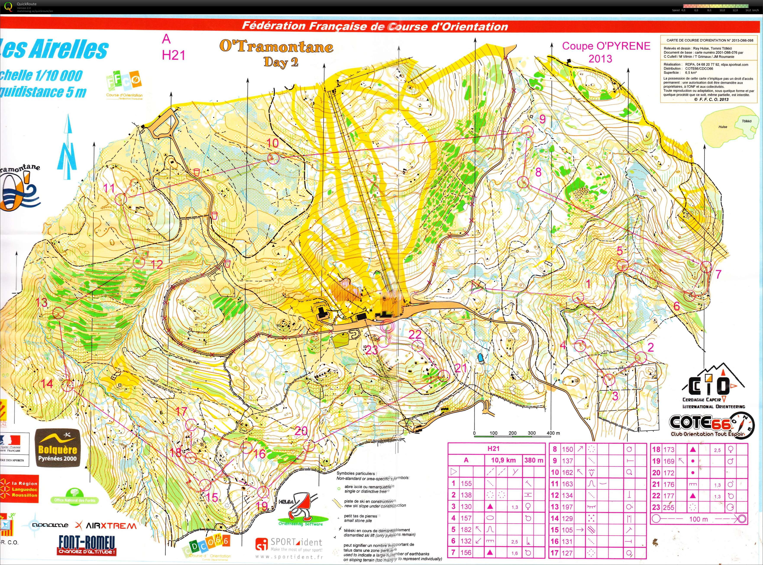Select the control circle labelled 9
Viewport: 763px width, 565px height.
(528, 132)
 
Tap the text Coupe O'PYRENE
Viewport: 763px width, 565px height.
(606, 46)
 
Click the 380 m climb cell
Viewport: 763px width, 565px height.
(533, 460)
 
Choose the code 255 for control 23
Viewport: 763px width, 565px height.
(669, 507)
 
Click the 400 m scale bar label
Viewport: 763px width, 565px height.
(553, 433)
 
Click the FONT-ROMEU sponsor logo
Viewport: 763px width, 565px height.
(87, 545)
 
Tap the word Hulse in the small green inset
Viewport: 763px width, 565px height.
(723, 127)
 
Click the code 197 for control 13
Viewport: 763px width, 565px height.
(567, 507)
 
